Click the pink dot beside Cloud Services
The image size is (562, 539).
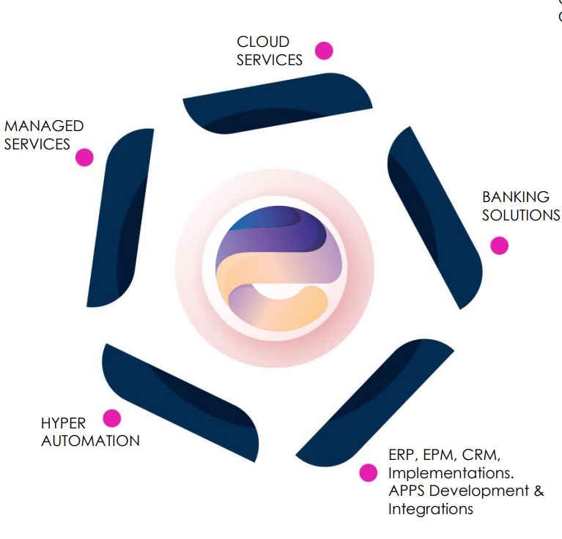tap(324, 51)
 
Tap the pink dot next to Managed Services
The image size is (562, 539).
tap(84, 157)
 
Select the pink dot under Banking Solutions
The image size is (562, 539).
tap(499, 245)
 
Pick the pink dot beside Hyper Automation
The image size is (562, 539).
tap(111, 418)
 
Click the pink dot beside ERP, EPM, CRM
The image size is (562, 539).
tap(369, 472)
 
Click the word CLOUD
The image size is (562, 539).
tap(263, 42)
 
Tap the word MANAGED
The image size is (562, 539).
tap(44, 126)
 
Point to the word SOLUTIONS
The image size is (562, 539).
tap(521, 215)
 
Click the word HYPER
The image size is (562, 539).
tap(63, 423)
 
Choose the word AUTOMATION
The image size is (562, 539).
tap(90, 441)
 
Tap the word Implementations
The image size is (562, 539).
tap(450, 472)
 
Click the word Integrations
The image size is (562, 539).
tap(430, 508)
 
